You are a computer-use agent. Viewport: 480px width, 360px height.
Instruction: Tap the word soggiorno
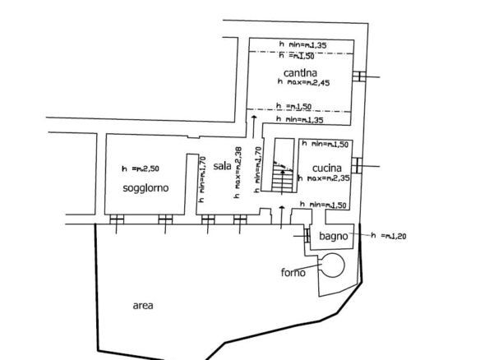pyautogui.click(x=145, y=187)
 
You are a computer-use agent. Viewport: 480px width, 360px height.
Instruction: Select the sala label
pyautogui.click(x=222, y=166)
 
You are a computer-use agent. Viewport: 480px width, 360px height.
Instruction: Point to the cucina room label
pyautogui.click(x=326, y=168)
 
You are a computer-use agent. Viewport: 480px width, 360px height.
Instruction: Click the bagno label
pyautogui.click(x=334, y=236)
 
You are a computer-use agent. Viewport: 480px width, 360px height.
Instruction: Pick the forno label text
pyautogui.click(x=293, y=272)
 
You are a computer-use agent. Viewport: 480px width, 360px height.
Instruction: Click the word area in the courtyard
pyautogui.click(x=143, y=306)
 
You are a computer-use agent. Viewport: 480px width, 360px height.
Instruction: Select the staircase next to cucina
pyautogui.click(x=283, y=165)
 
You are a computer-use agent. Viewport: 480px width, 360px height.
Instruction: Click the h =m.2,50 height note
pyautogui.click(x=141, y=168)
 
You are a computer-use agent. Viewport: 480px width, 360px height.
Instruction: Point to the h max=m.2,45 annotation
pyautogui.click(x=303, y=81)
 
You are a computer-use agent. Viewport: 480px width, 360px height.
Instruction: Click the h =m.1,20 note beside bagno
pyautogui.click(x=389, y=235)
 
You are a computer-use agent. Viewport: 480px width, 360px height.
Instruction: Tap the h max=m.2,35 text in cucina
pyautogui.click(x=324, y=178)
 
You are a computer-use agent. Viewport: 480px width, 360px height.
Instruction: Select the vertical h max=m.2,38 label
pyautogui.click(x=238, y=173)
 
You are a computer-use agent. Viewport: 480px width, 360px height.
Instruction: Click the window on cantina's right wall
pyautogui.click(x=359, y=76)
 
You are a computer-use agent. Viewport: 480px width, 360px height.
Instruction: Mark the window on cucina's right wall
pyautogui.click(x=357, y=165)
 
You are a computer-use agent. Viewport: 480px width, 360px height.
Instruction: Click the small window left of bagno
pyautogui.click(x=307, y=236)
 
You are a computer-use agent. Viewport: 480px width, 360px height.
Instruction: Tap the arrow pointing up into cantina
pyautogui.click(x=253, y=127)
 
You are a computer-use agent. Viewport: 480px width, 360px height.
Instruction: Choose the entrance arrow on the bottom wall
pyautogui.click(x=282, y=217)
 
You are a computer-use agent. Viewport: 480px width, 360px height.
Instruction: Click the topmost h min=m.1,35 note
pyautogui.click(x=302, y=44)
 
